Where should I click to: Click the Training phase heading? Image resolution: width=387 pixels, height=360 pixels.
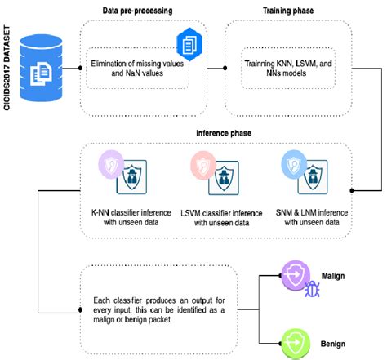[280, 10]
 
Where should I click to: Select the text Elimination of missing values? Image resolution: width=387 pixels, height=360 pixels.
[139, 69]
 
